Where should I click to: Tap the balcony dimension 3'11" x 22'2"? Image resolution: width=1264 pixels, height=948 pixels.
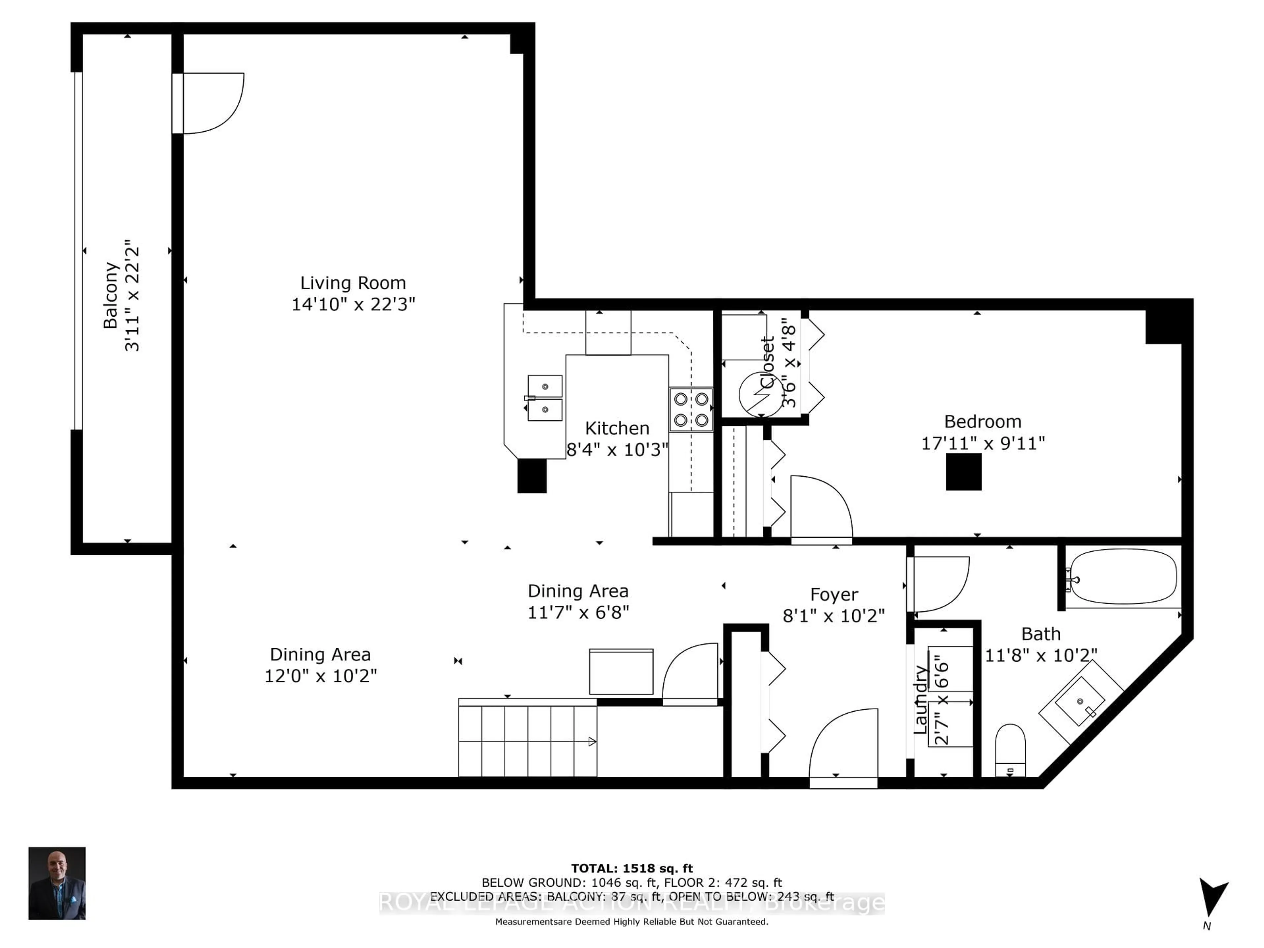132,296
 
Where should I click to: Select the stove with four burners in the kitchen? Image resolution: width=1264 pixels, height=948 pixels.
691,410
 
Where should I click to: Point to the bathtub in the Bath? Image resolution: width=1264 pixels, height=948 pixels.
1123,577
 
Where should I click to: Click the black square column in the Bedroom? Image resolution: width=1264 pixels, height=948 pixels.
963,472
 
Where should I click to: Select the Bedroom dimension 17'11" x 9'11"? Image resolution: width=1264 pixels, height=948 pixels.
983,443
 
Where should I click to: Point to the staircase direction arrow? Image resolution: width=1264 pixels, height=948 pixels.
592,742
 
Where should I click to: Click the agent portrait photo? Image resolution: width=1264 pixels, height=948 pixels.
57,883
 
